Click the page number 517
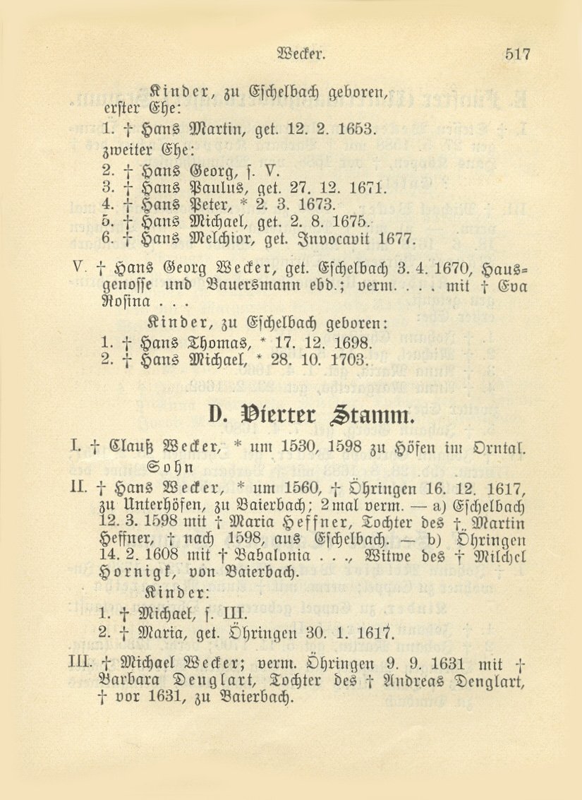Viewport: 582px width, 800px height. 516,54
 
